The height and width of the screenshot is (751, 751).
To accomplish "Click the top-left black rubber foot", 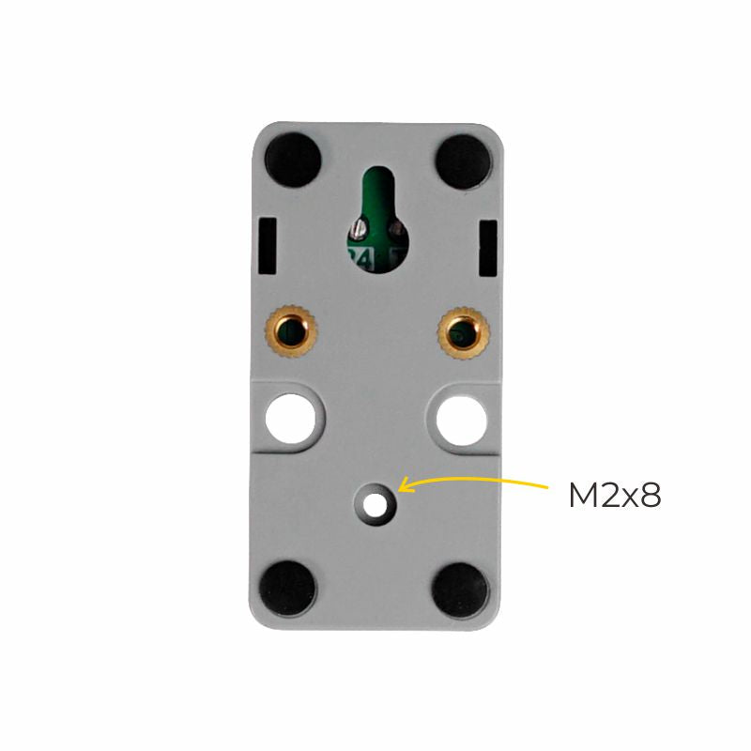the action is [292, 159].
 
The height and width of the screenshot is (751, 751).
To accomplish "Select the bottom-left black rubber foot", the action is [287, 587].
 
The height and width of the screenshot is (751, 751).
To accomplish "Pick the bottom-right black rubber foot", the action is [460, 589].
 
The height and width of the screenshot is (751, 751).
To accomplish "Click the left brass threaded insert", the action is [291, 331].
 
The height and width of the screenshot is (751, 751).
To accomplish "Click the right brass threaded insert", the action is [463, 332].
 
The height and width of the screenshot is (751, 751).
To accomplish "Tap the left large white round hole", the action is [290, 418].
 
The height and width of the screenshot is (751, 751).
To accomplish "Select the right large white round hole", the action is [462, 419].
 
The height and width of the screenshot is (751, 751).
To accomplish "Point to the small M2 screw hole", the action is [375, 504].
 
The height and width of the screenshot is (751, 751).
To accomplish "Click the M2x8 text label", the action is [615, 496].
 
